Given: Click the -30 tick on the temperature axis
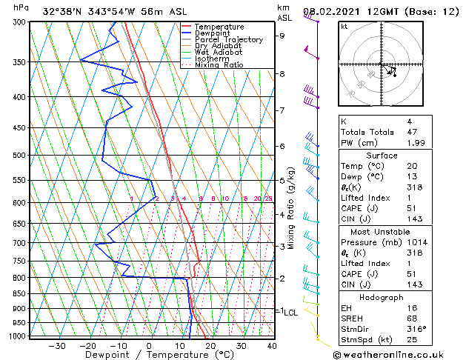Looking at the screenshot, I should (x=57, y=346).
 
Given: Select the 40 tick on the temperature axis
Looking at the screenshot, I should (x=272, y=346).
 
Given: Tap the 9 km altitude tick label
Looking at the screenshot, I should (x=282, y=36).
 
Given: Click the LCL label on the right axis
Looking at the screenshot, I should (x=290, y=313).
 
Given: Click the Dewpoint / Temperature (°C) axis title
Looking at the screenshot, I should (x=150, y=356).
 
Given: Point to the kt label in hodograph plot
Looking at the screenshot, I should (x=344, y=26).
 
